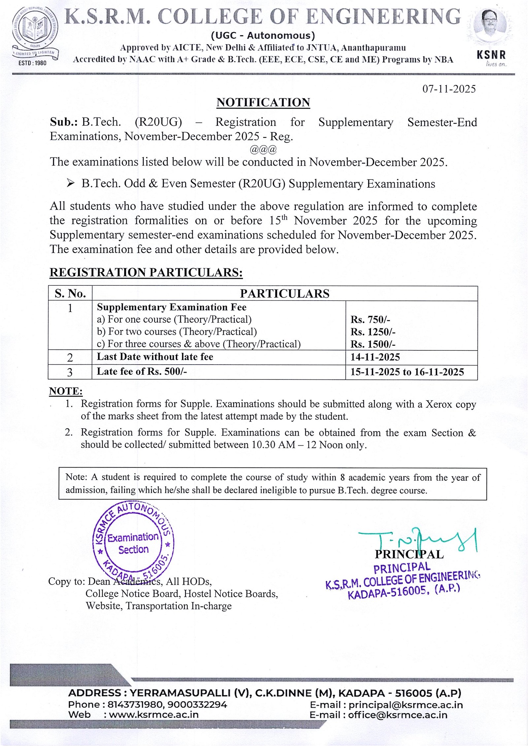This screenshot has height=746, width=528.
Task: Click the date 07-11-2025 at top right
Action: point(449,89)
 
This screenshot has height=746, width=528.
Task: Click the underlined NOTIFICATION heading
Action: point(263,103)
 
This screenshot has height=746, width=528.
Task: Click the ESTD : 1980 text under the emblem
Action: point(32,63)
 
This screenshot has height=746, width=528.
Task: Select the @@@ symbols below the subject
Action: point(263,149)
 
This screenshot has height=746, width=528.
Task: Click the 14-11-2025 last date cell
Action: point(375,357)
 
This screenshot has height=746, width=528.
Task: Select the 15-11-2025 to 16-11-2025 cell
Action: point(407,372)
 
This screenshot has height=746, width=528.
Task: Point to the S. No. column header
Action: point(70,293)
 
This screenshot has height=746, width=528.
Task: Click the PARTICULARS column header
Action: point(284,293)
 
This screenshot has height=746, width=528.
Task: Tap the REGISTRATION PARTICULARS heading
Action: point(146,273)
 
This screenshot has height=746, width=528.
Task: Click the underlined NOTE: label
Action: point(66,391)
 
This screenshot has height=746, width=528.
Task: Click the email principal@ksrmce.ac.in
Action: point(406,705)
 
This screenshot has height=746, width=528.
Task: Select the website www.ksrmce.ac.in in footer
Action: point(154,715)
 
